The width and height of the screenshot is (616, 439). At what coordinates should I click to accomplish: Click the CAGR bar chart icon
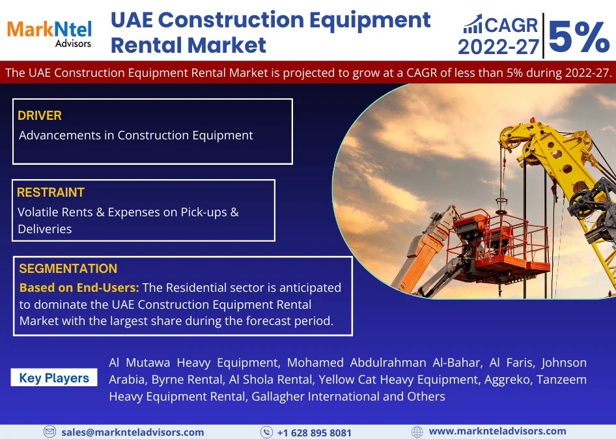(473, 26)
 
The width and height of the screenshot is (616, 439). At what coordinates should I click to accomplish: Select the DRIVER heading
(40, 116)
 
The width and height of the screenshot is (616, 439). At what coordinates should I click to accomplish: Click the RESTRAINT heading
(51, 193)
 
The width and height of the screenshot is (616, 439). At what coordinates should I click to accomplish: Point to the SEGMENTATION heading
(68, 268)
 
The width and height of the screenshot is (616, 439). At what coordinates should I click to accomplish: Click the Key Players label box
(54, 378)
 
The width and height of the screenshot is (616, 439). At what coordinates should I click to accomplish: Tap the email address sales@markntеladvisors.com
(132, 432)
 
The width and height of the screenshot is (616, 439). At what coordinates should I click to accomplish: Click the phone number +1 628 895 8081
(314, 432)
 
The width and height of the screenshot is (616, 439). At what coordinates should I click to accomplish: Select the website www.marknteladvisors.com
(497, 431)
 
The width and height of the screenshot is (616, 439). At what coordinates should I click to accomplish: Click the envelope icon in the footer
(49, 432)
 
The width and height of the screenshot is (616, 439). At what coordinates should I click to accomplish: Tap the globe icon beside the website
(417, 432)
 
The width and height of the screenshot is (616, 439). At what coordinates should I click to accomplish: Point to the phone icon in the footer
(266, 432)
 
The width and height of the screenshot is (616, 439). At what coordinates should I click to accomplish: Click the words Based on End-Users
(79, 287)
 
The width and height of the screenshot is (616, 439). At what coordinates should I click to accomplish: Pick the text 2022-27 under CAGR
(498, 47)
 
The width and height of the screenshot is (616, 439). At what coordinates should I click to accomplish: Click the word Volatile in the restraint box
(40, 212)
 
